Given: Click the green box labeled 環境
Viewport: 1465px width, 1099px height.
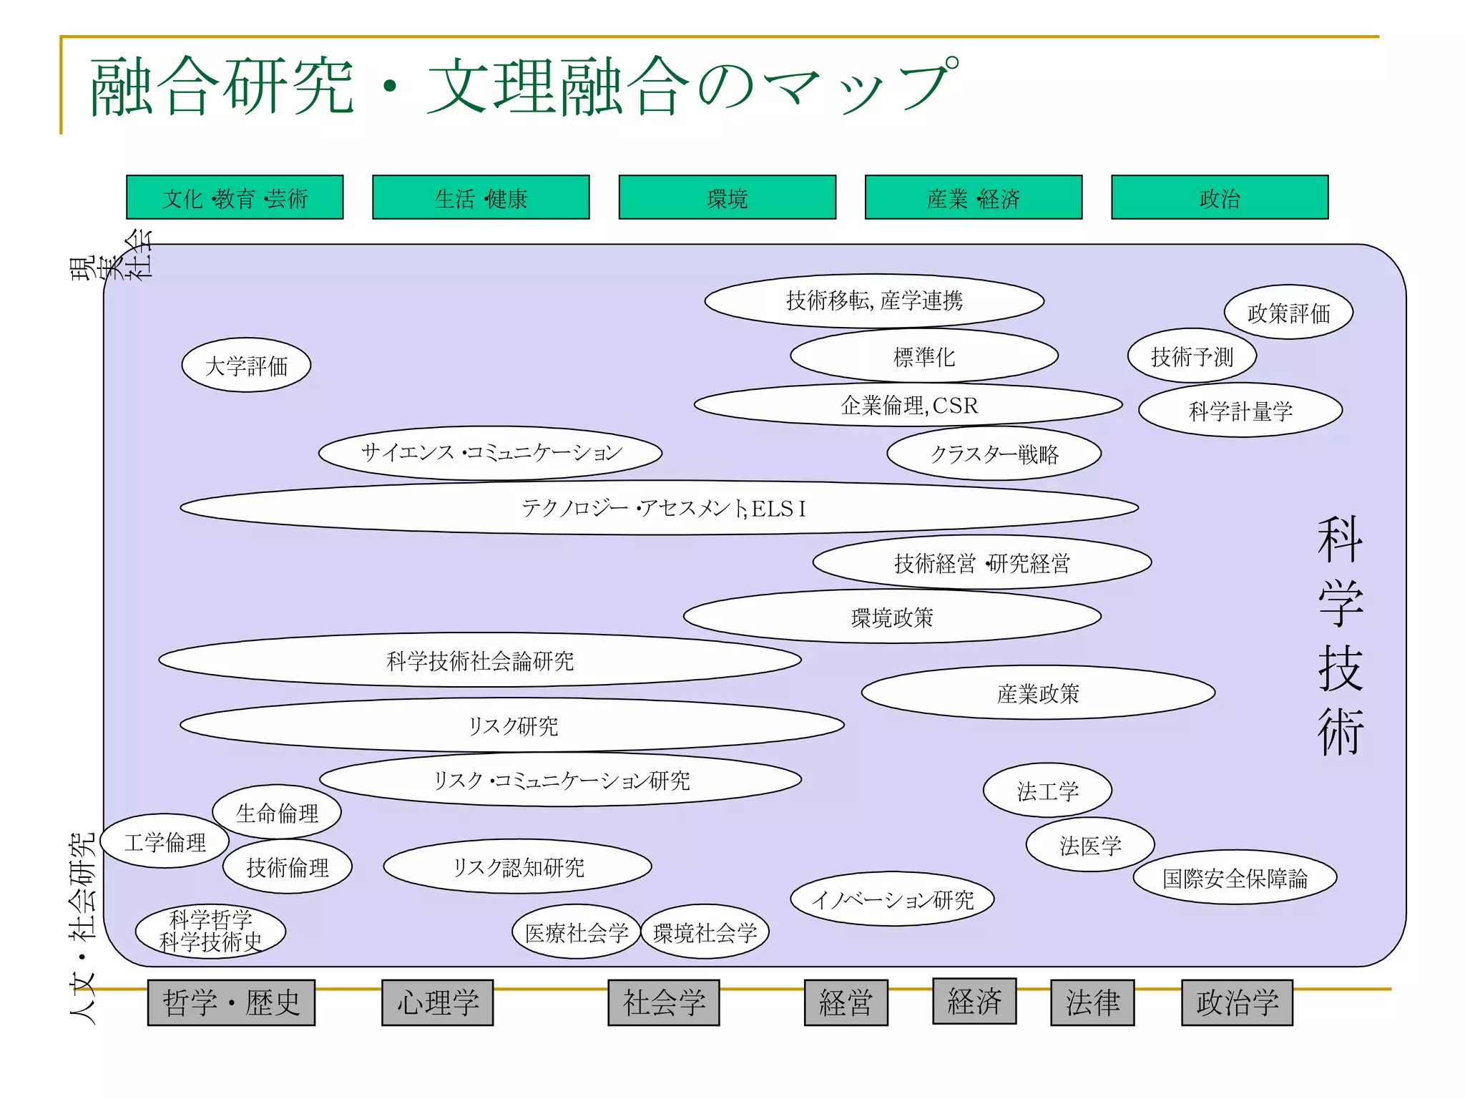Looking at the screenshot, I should point(727,197).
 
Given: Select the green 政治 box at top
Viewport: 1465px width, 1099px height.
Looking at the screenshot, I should point(1219,197).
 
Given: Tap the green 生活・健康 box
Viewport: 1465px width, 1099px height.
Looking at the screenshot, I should point(481,197).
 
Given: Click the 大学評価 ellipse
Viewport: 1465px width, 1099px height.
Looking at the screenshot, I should point(246,366).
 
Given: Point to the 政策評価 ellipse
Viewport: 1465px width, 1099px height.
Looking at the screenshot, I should point(1288,313).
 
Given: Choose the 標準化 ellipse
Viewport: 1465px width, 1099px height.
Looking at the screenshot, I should point(923,356).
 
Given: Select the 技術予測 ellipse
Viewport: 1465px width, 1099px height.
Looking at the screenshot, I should point(1192,356).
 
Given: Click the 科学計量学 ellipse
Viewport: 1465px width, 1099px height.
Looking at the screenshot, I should point(1240,411).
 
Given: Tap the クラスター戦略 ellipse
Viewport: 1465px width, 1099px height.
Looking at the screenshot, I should point(994,454).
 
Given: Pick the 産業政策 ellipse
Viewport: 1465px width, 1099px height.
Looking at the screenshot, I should point(1038,693).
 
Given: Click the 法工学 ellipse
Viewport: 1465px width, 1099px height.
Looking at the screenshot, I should point(1047,791).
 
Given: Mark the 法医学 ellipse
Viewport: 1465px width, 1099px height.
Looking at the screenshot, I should point(1090,845).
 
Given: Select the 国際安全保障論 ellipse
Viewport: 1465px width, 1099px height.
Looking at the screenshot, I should point(1235,878).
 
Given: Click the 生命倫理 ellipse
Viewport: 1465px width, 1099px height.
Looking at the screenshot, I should point(277,812).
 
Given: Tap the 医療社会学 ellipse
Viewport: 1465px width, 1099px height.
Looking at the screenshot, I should point(577,932).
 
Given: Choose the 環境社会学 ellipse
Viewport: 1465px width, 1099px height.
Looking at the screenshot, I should point(705,932).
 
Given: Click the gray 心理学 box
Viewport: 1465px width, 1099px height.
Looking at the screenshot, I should point(438,1002).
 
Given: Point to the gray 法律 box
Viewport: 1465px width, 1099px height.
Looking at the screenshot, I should point(1092,1002).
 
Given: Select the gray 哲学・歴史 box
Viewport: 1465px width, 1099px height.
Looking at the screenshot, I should point(231,1002).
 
